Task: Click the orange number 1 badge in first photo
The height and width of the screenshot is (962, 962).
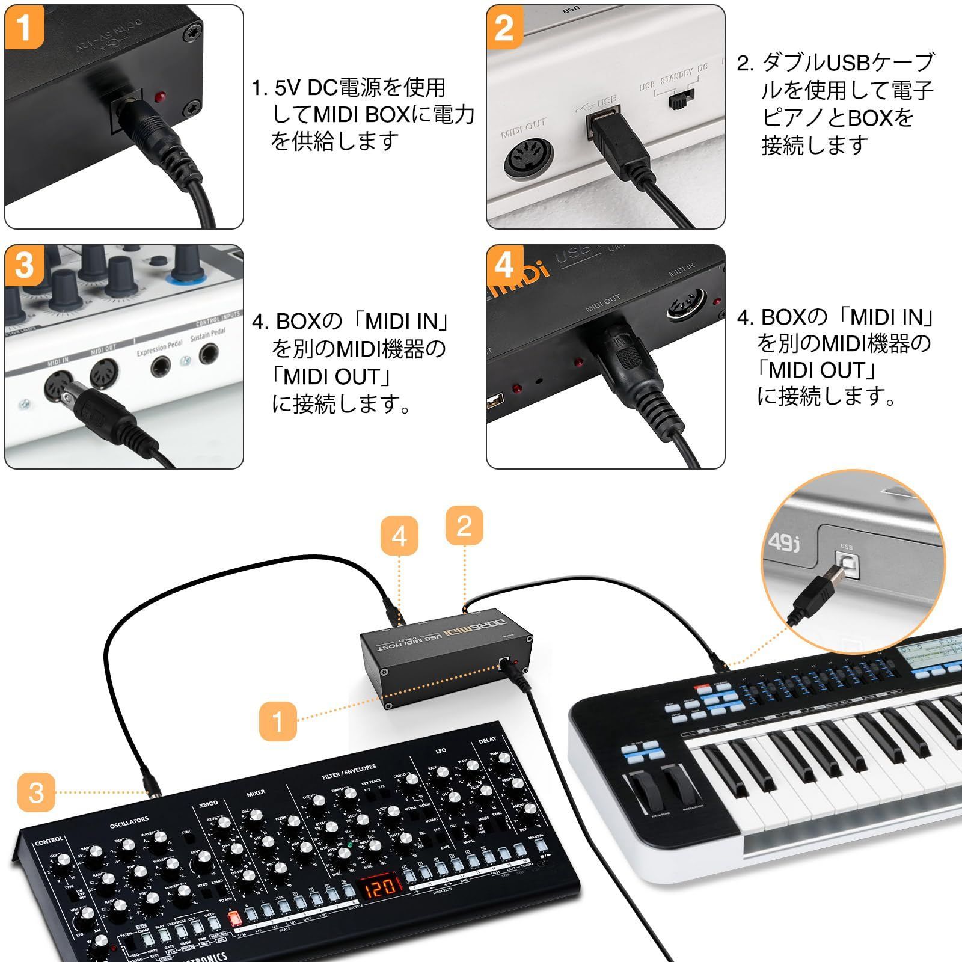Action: [24, 27]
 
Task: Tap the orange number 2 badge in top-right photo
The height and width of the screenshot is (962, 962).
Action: [504, 27]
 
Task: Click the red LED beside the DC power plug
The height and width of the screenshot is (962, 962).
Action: [160, 97]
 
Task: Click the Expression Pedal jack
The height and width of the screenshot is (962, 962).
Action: [161, 366]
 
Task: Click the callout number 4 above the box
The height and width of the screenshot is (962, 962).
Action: [399, 536]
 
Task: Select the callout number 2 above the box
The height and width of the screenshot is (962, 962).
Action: [464, 525]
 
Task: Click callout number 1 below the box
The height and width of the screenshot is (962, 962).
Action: [278, 720]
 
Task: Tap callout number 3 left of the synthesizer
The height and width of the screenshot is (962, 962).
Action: [36, 792]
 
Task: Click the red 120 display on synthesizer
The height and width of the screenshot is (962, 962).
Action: [381, 887]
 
